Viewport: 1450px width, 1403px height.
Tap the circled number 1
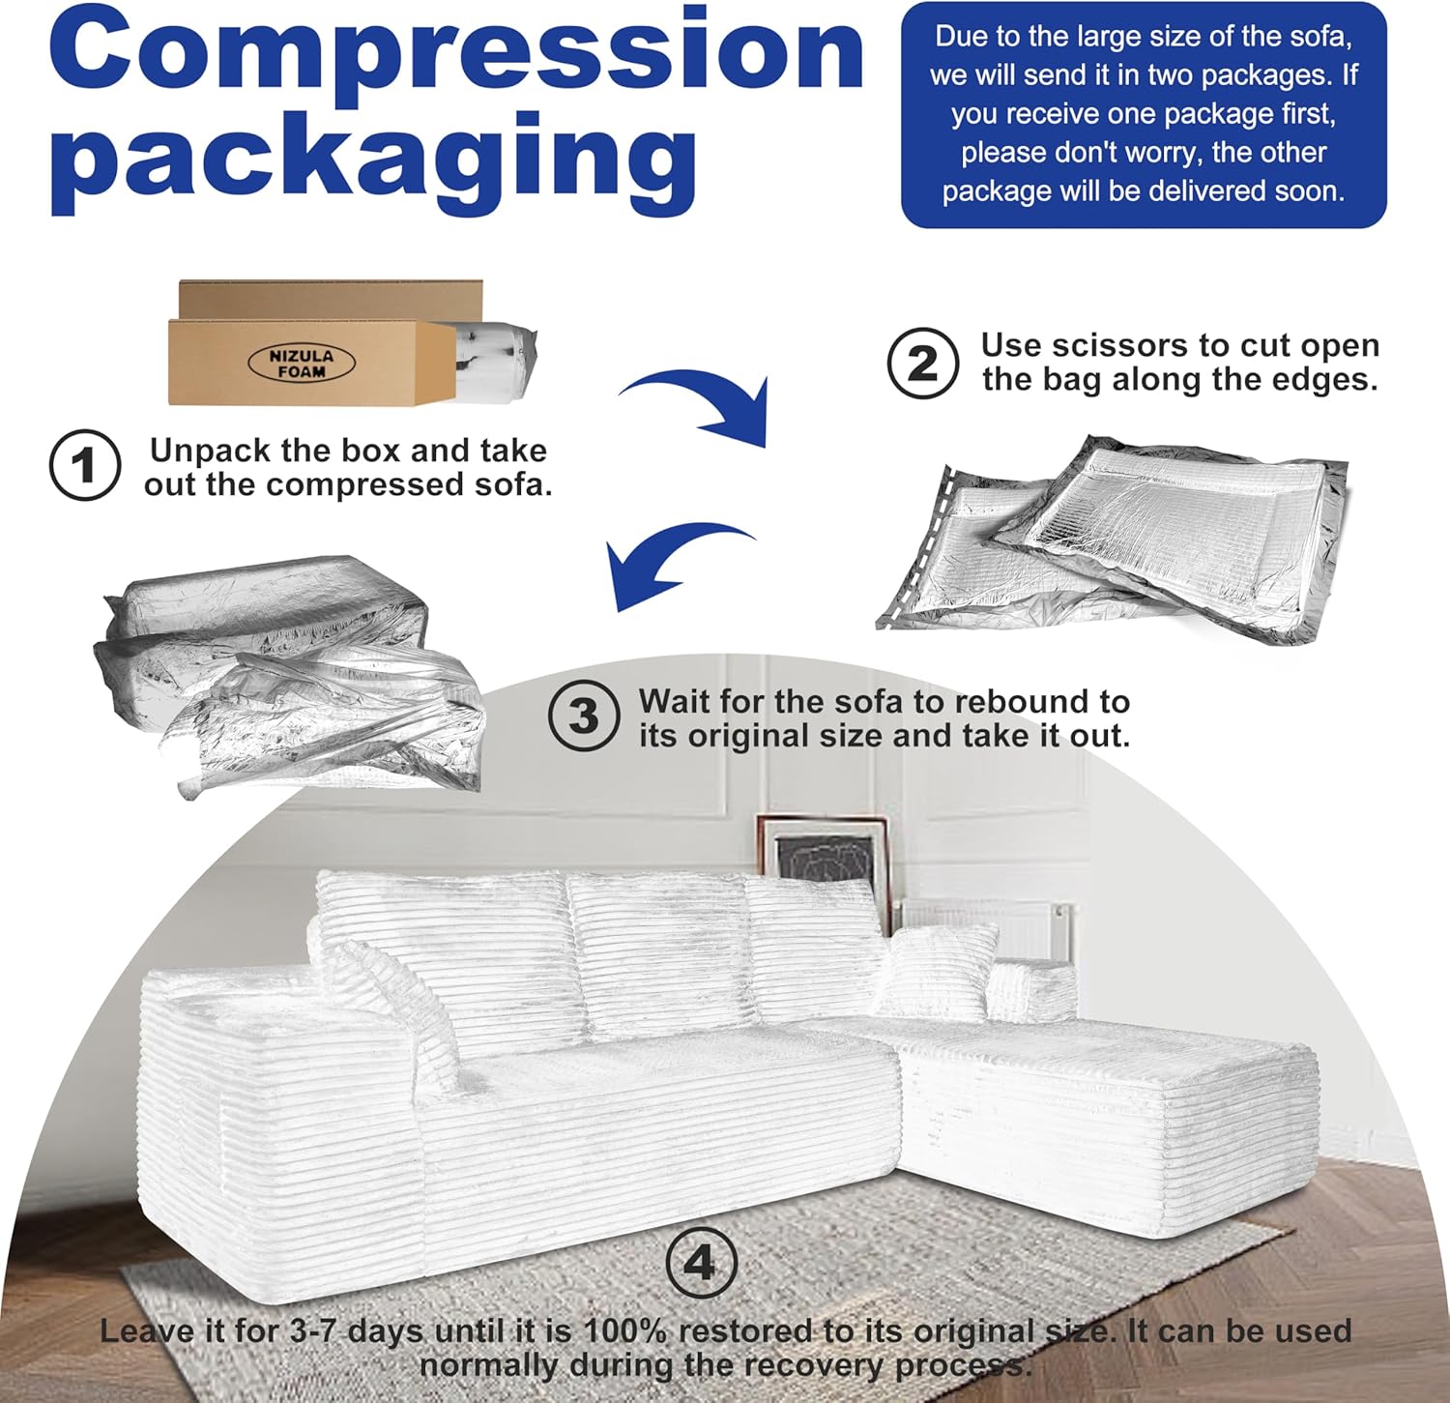click(x=85, y=465)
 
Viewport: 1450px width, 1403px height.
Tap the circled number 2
click(x=922, y=364)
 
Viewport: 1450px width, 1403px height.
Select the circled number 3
click(x=584, y=716)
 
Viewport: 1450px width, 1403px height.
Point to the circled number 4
click(x=701, y=1262)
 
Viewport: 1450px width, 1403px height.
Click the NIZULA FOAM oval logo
click(x=302, y=363)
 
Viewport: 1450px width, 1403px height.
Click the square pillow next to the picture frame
click(x=938, y=967)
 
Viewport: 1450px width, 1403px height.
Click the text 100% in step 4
click(x=624, y=1330)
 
